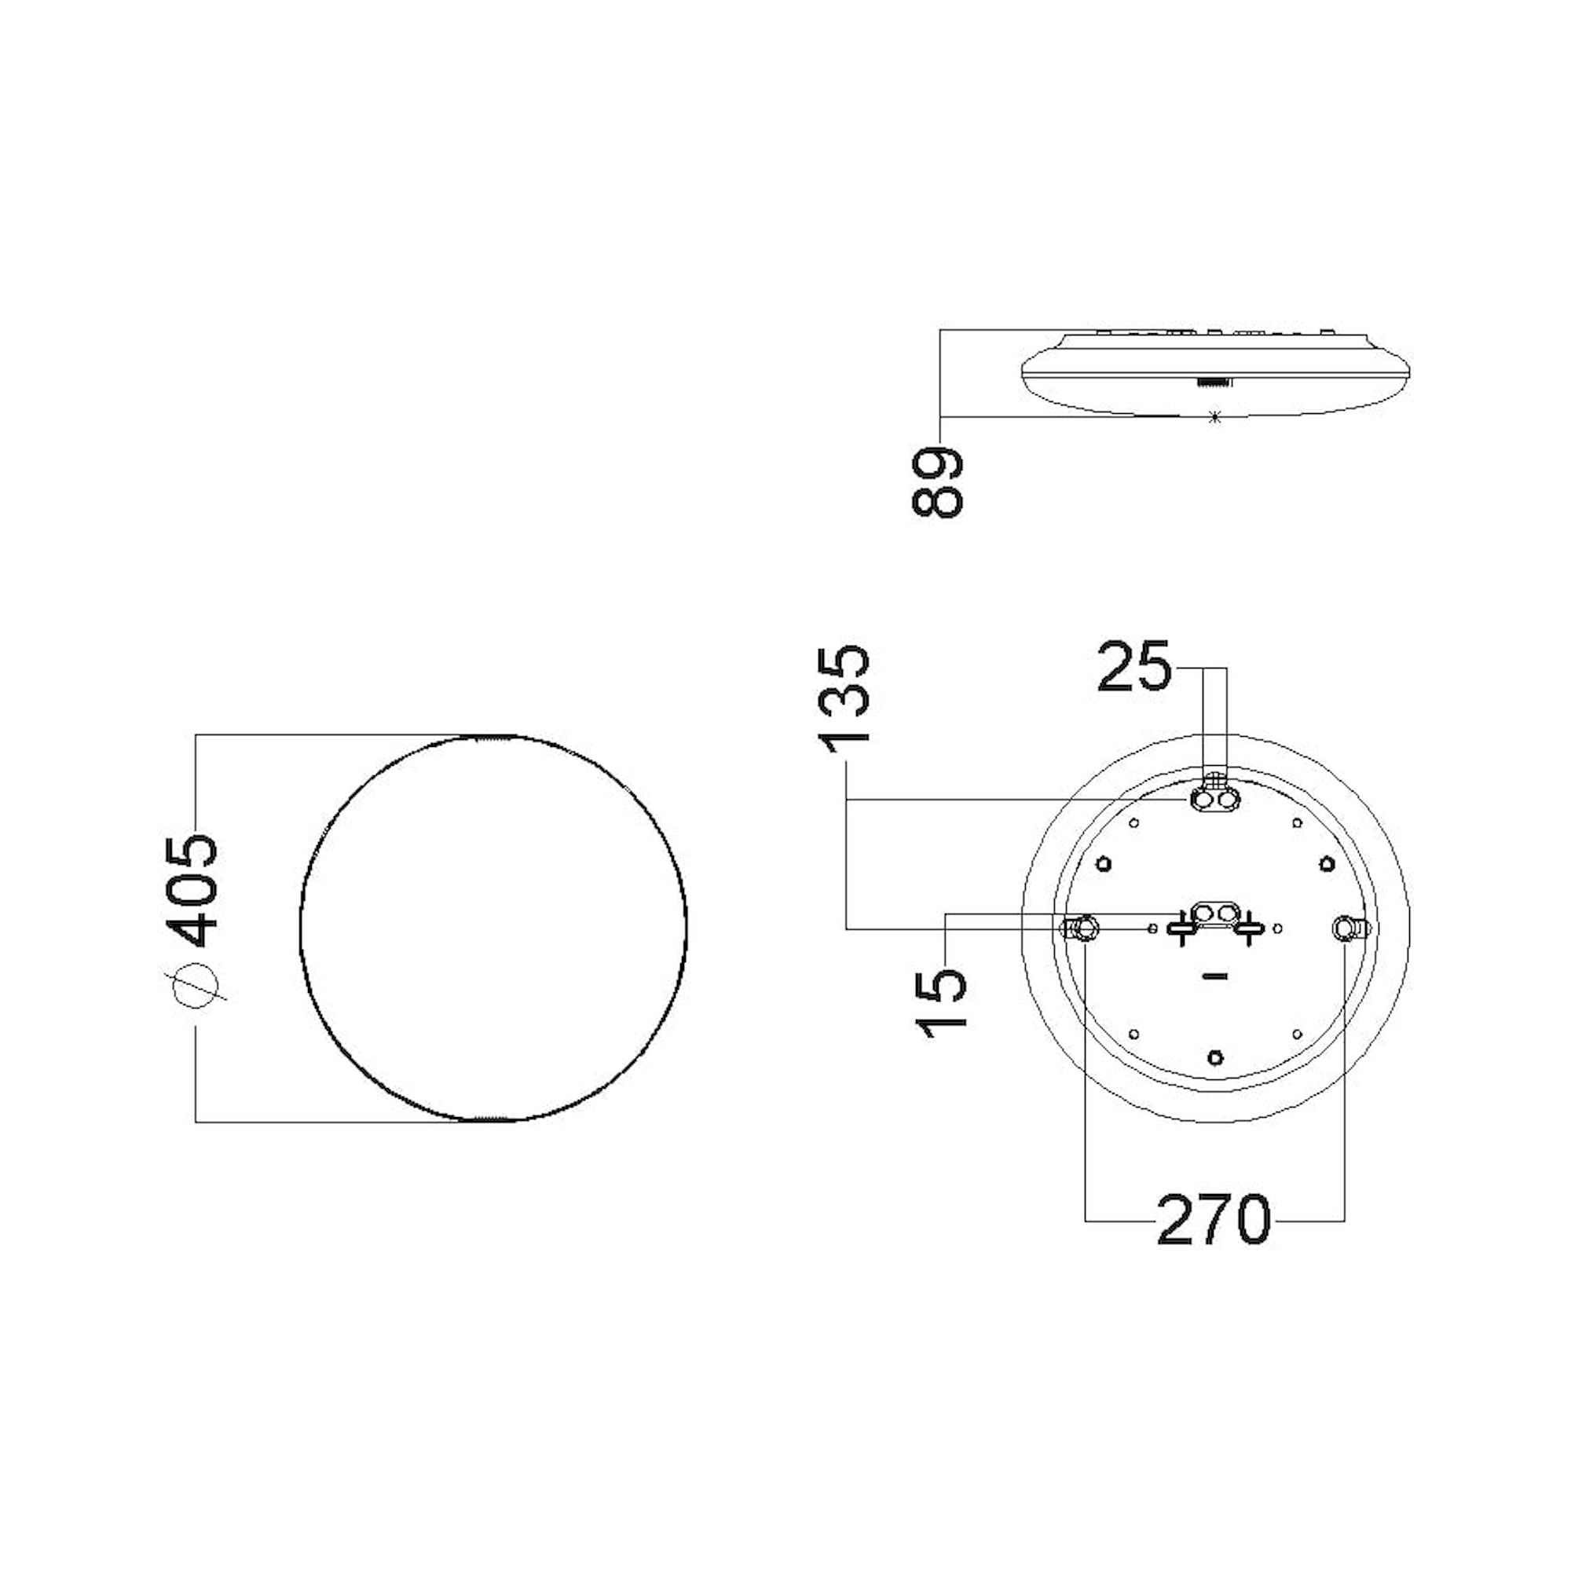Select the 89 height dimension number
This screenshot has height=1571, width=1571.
click(x=938, y=482)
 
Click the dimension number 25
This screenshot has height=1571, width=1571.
click(x=1133, y=666)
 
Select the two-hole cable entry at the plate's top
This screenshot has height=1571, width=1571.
click(x=1214, y=801)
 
